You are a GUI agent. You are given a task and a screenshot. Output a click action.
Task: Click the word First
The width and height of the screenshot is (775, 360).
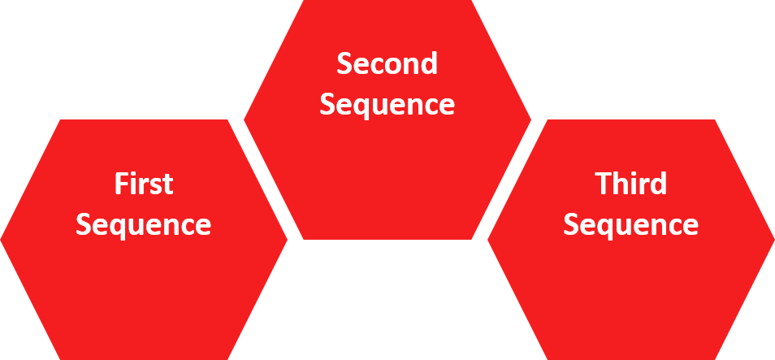tap(144, 184)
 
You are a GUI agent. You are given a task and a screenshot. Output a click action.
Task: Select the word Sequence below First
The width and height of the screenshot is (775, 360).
tap(144, 224)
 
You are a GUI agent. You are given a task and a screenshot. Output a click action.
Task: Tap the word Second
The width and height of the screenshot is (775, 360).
tap(387, 63)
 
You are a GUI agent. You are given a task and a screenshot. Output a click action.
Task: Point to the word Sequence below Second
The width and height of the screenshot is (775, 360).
tap(387, 105)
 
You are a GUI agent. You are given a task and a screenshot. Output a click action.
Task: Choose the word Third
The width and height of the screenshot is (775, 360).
tap(630, 184)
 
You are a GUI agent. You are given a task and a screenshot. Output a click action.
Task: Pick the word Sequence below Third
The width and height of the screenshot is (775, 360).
tap(630, 224)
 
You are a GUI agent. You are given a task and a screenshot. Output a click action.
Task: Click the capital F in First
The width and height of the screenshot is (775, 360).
tap(119, 184)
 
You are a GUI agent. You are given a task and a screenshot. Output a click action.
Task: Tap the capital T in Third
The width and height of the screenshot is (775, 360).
tap(601, 184)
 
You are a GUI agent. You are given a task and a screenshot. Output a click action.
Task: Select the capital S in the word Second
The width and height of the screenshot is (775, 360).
tap(344, 63)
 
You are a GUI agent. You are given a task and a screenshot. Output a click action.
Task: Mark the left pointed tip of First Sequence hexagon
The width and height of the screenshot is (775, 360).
tap(2, 240)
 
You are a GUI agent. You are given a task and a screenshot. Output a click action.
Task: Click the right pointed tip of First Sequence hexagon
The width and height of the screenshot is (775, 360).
tap(287, 240)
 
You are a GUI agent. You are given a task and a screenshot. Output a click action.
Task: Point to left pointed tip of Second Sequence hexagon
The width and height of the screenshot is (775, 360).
tap(245, 120)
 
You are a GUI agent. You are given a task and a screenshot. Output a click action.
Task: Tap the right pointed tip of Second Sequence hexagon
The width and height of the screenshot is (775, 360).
tap(530, 120)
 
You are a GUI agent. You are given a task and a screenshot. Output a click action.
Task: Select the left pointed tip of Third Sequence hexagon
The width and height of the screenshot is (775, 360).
tap(487, 240)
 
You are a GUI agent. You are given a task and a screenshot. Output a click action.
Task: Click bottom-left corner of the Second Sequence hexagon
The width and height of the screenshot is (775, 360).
tap(303, 240)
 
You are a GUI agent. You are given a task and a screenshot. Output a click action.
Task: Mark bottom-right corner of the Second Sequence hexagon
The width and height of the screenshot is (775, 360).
tap(472, 240)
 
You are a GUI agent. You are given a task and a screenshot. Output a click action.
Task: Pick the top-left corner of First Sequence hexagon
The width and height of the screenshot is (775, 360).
tap(60, 121)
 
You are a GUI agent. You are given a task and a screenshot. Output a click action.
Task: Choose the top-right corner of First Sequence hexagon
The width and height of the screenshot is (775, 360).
tap(228, 121)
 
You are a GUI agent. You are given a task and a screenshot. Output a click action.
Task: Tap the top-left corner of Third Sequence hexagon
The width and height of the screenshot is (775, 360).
tap(547, 121)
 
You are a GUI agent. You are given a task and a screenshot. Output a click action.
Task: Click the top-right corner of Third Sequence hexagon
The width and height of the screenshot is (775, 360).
tap(715, 121)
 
